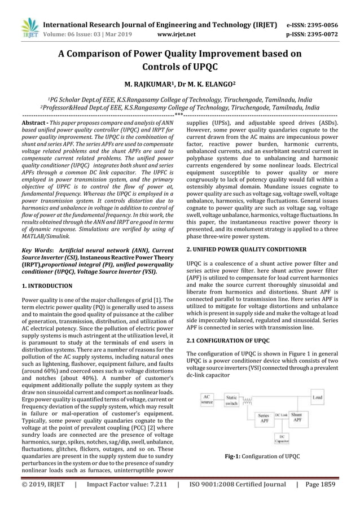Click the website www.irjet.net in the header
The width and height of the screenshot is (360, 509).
[x=177, y=33]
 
